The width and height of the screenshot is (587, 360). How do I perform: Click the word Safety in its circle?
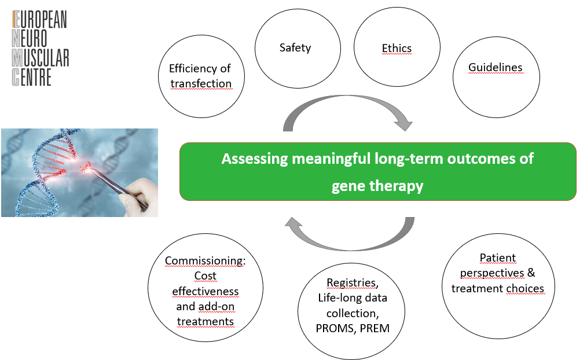[295, 48]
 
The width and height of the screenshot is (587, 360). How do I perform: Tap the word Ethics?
[397, 48]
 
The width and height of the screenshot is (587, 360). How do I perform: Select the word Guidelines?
[496, 67]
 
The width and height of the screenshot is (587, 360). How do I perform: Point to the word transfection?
[201, 83]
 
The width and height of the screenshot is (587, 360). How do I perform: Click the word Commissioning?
[205, 260]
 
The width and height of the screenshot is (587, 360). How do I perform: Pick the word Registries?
[353, 283]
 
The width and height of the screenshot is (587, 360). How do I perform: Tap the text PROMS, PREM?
[353, 328]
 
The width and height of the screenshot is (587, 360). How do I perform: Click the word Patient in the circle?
[497, 258]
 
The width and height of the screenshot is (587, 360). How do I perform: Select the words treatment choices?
[497, 289]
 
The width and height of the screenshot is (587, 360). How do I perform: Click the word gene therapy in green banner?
[377, 186]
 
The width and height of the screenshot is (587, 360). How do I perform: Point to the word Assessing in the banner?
[255, 159]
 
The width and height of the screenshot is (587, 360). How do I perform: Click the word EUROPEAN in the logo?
[39, 20]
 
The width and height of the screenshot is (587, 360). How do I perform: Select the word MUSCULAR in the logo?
[41, 58]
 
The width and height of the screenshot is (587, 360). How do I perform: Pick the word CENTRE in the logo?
[31, 78]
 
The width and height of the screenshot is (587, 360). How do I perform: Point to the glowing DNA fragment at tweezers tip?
[86, 167]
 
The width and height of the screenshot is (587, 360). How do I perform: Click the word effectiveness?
[205, 291]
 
